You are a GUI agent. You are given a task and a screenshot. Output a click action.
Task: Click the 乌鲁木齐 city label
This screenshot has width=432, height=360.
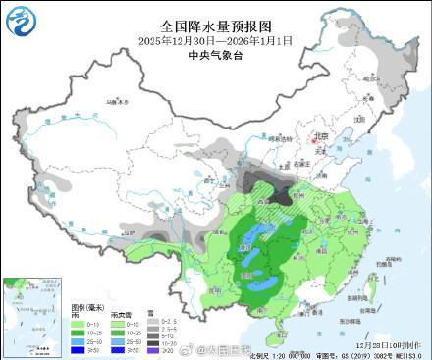115,101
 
